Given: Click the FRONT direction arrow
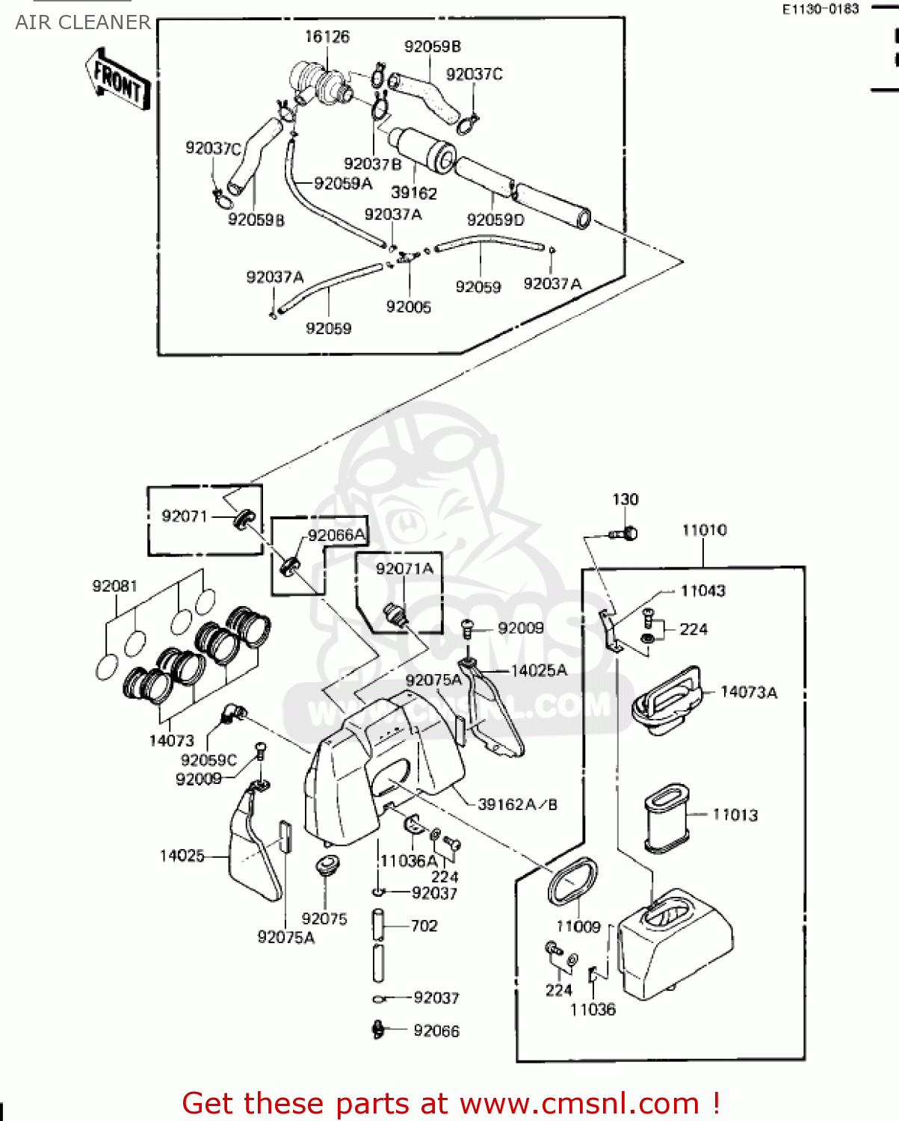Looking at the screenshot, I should pyautogui.click(x=118, y=79).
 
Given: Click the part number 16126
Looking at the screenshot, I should pyautogui.click(x=327, y=37).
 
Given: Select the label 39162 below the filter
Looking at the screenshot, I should pyautogui.click(x=414, y=193).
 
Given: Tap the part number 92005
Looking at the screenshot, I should pyautogui.click(x=408, y=306).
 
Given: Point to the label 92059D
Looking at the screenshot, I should pyautogui.click(x=495, y=220).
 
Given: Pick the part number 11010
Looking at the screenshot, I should pyautogui.click(x=704, y=530).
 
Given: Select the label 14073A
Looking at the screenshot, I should pyautogui.click(x=748, y=692).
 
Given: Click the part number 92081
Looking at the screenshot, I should pyautogui.click(x=114, y=586).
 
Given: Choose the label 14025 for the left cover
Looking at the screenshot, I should pyautogui.click(x=182, y=856).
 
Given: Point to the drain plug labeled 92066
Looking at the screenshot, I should pyautogui.click(x=378, y=1030).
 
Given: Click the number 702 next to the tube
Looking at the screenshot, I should pyautogui.click(x=424, y=926).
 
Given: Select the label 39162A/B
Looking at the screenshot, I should pyautogui.click(x=517, y=804).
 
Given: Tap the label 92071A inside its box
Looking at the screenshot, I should pyautogui.click(x=404, y=569).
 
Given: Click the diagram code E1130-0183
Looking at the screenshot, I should pyautogui.click(x=820, y=9).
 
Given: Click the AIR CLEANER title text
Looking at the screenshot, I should pyautogui.click(x=83, y=22).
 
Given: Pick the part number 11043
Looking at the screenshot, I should pyautogui.click(x=702, y=590).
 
